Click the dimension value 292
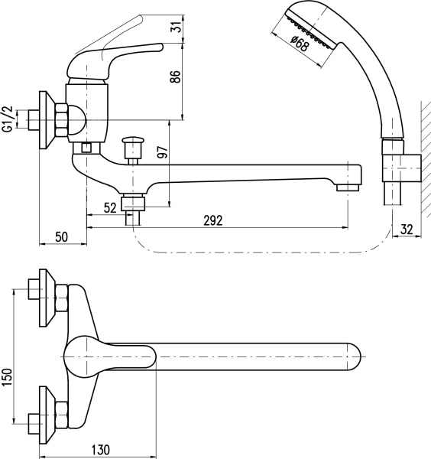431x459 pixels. pyautogui.click(x=213, y=220)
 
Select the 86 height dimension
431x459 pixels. pyautogui.click(x=176, y=76)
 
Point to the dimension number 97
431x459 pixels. pyautogui.click(x=163, y=152)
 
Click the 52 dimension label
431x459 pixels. pyautogui.click(x=110, y=208)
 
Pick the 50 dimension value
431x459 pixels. pyautogui.click(x=61, y=237)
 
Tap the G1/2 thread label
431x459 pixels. pyautogui.click(x=8, y=119)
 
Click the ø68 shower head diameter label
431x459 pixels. pyautogui.click(x=300, y=44)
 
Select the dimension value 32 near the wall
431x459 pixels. pyautogui.click(x=407, y=229)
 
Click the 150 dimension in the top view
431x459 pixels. pyautogui.click(x=8, y=377)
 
